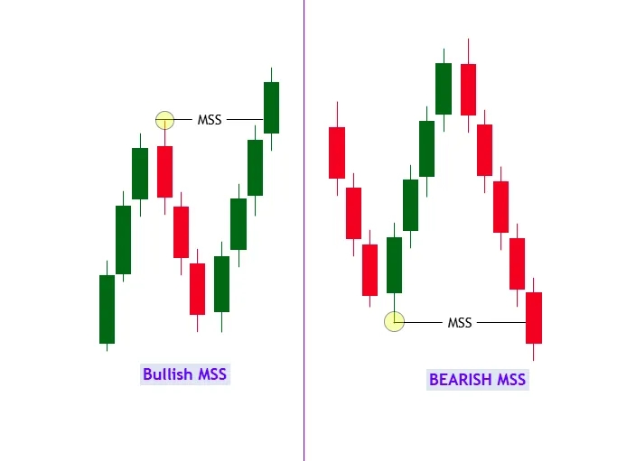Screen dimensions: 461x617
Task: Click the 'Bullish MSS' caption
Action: [185, 373]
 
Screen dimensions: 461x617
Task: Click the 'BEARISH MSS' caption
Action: [477, 380]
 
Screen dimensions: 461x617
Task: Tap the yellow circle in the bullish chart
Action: [164, 119]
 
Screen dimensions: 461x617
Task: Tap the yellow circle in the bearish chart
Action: [394, 321]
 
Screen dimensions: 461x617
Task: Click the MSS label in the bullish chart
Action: [210, 119]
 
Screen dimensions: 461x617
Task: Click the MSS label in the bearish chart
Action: [460, 322]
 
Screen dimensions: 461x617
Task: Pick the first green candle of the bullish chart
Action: [107, 309]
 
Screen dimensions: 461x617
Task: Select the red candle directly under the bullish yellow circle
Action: [164, 171]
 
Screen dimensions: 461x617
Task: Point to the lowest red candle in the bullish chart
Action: [198, 289]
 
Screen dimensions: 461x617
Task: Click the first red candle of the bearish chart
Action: [337, 152]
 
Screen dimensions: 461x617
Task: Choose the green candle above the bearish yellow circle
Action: [394, 264]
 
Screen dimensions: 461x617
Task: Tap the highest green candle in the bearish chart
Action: [444, 88]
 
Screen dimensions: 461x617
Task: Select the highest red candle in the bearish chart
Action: [468, 89]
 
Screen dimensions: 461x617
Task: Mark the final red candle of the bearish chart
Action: [534, 318]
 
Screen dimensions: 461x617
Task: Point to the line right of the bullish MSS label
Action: [244, 119]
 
